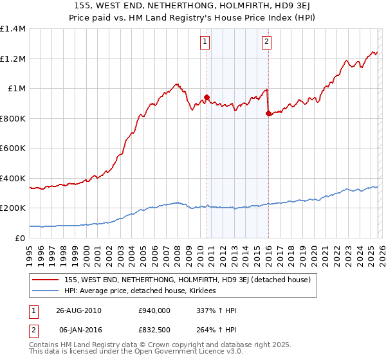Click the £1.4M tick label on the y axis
pos(13,29)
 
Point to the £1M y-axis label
pos(17,89)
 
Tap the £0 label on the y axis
pos(20,238)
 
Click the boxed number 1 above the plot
pos(205,42)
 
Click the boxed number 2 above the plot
pos(266,42)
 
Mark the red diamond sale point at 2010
pos(207,98)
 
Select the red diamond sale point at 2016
pos(268,114)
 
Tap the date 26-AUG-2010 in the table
pos(78,310)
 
